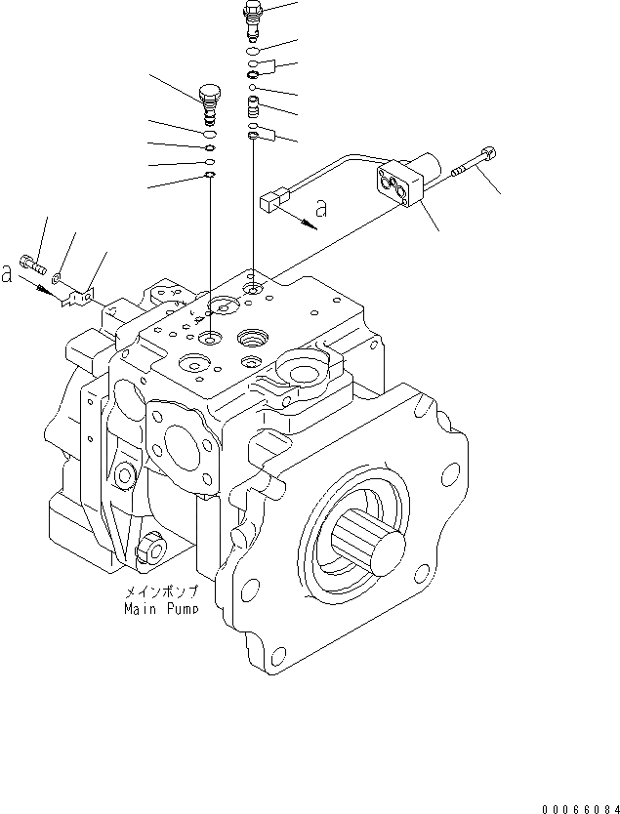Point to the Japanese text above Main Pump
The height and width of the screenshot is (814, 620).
(160, 592)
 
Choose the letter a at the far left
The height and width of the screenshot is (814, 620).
(7, 275)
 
